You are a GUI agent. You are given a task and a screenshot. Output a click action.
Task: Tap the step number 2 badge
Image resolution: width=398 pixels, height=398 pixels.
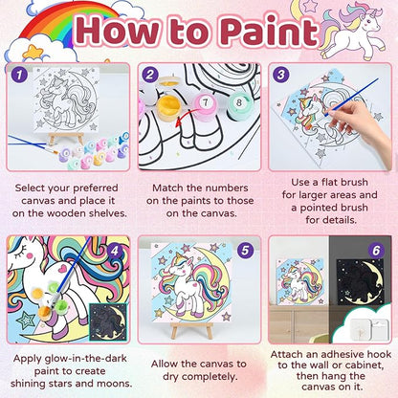[148, 71]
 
